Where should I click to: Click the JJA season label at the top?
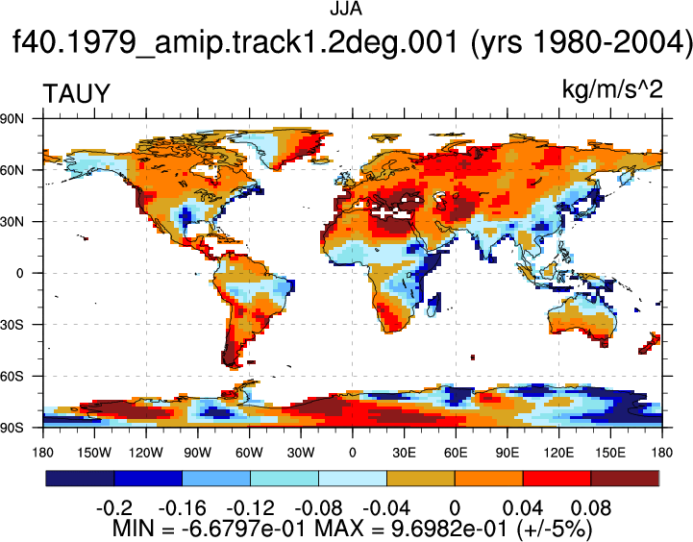point(346,9)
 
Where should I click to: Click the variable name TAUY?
point(76,93)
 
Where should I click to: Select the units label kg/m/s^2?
point(612,89)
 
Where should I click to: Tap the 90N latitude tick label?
point(12,118)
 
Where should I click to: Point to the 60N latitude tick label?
point(12,170)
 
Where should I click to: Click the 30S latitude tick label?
point(12,325)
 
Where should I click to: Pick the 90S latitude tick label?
point(12,428)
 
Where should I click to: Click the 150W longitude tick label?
point(94,453)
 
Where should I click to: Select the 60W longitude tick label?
point(249,453)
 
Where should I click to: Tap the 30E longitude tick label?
point(404,453)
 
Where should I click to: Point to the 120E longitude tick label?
point(558,453)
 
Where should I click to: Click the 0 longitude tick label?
point(352,453)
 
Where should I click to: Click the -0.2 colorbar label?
point(114,508)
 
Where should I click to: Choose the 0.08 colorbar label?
point(591,508)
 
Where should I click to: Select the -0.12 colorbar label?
point(250,508)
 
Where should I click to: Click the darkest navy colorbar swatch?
point(80,479)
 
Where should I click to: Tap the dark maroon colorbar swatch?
point(625,479)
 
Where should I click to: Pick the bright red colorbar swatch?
point(557,479)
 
